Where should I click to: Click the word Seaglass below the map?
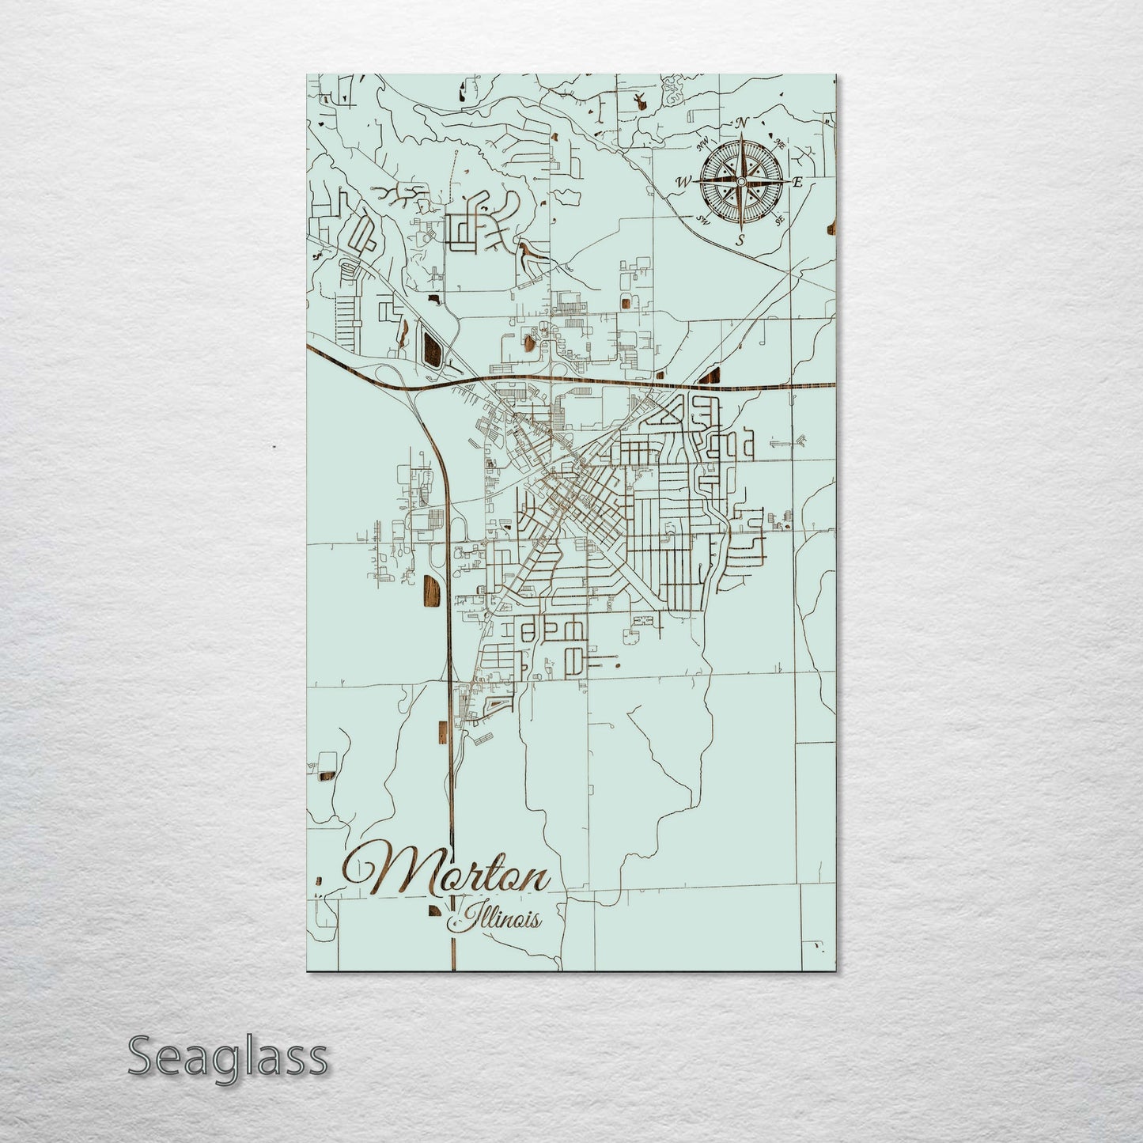click(x=227, y=1057)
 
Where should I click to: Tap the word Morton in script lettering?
click(x=446, y=873)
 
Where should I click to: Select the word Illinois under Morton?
click(x=496, y=919)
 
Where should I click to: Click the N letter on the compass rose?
click(x=742, y=123)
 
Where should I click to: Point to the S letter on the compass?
click(x=740, y=240)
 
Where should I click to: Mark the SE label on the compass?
click(x=780, y=221)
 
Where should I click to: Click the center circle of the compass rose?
click(x=740, y=182)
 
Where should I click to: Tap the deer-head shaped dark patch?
click(x=638, y=101)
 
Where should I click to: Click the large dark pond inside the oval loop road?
click(x=433, y=350)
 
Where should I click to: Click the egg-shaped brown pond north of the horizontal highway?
click(x=528, y=343)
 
